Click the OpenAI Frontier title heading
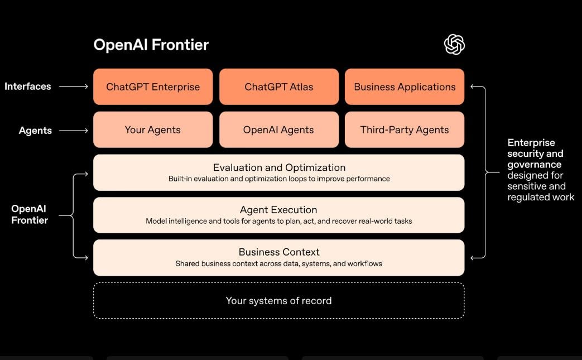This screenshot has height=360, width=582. click(x=151, y=45)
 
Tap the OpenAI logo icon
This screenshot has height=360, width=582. click(x=454, y=45)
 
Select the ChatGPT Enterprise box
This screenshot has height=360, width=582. click(x=153, y=87)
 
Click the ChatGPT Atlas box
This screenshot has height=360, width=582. click(x=279, y=87)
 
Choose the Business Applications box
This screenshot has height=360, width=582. click(x=405, y=87)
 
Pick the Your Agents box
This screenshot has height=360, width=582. click(x=153, y=129)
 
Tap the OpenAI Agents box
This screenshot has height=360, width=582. click(x=279, y=129)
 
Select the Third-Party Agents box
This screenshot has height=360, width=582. click(x=405, y=129)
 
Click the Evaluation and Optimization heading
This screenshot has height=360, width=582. click(x=279, y=167)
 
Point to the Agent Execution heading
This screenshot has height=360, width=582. click(x=278, y=210)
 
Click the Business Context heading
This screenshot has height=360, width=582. click(x=279, y=252)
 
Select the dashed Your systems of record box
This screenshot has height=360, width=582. click(x=278, y=301)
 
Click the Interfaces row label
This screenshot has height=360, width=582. click(x=28, y=87)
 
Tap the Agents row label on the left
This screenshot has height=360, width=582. click(x=35, y=131)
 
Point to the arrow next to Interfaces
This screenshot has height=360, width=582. click(x=74, y=87)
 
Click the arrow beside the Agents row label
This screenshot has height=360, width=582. click(x=74, y=131)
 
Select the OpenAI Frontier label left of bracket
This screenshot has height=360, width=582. click(x=30, y=214)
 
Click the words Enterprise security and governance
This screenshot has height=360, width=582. click(x=535, y=153)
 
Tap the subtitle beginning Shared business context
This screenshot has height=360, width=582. click(x=278, y=263)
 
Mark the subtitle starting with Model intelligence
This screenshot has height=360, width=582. click(x=278, y=221)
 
